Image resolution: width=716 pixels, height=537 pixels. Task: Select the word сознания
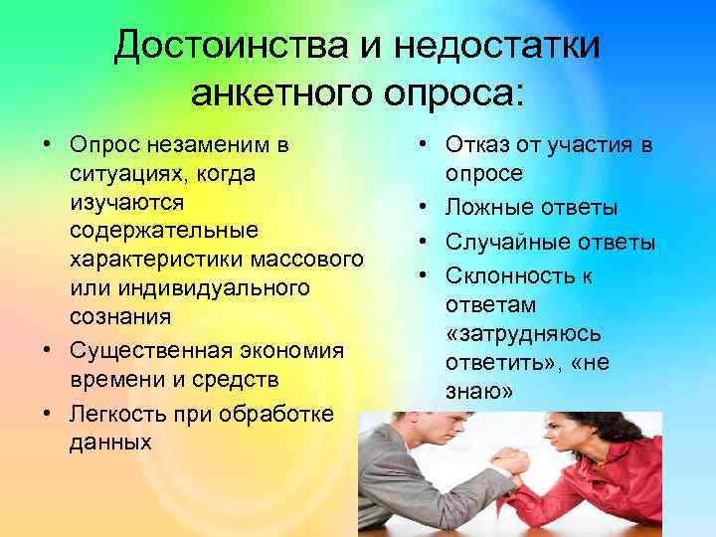120,317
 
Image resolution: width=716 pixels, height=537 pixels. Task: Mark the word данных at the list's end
111,441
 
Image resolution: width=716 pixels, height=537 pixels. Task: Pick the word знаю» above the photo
480,394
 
